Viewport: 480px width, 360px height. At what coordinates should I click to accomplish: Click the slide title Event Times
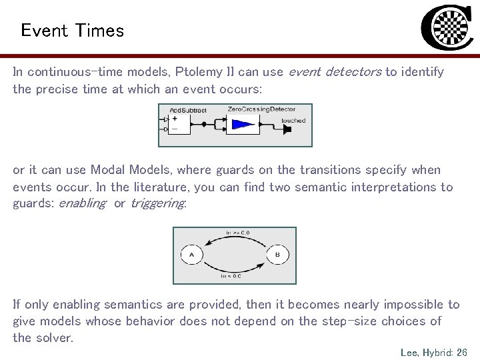point(72,31)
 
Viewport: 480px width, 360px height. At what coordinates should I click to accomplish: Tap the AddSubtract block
point(179,124)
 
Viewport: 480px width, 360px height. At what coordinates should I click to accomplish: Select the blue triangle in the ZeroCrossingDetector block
point(242,124)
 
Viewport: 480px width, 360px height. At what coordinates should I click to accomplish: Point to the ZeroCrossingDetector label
point(261,109)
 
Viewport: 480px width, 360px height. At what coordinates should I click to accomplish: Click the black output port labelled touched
point(287,129)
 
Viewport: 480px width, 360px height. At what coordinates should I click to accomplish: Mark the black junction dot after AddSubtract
point(203,124)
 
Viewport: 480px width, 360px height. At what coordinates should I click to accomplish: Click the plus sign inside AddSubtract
point(175,118)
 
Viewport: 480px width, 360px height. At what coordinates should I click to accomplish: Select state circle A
point(191,255)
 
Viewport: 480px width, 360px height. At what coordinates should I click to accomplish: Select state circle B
point(277,255)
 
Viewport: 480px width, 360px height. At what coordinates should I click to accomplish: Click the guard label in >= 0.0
point(237,233)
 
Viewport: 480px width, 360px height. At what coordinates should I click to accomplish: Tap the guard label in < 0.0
point(233,275)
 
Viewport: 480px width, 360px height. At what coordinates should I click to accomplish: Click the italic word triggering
point(158,203)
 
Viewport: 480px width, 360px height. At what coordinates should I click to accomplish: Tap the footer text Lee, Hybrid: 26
point(434,352)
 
